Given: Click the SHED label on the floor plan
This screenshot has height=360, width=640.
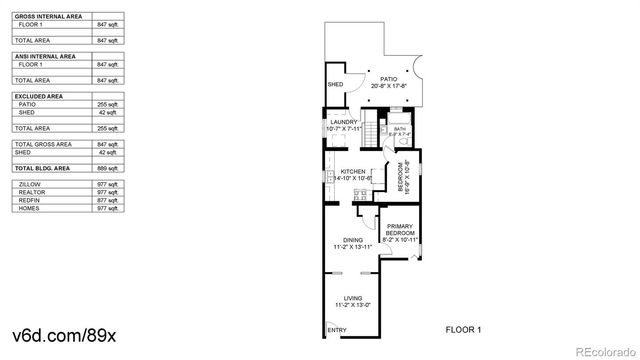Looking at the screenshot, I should coord(336,84).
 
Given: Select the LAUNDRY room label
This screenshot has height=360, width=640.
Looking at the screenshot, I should coord(343,122).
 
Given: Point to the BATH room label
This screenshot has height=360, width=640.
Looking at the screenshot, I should coord(399,129).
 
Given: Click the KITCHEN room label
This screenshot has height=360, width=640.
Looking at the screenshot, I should coord(353,172).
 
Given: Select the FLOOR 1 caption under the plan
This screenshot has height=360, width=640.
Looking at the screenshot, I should coord(463,329).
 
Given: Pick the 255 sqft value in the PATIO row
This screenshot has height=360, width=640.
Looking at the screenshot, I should coord(106,103).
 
